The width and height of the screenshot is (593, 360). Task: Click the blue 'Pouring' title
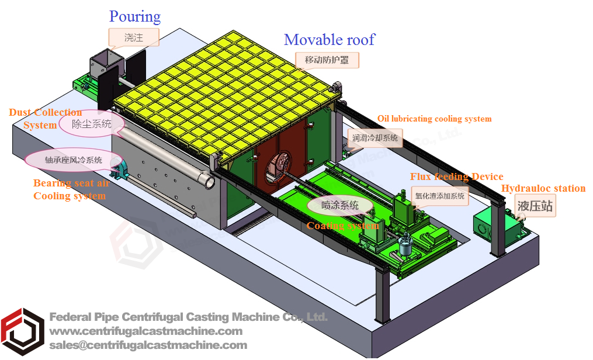tap(134, 16)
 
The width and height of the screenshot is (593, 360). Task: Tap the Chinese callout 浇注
tap(134, 38)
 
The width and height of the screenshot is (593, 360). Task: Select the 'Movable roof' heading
tap(329, 40)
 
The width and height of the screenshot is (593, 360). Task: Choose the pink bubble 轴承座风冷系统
tap(74, 160)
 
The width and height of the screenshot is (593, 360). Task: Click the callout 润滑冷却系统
tap(375, 139)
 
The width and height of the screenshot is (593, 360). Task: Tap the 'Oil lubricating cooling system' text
tap(434, 119)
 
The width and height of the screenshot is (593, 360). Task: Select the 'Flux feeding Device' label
tap(456, 176)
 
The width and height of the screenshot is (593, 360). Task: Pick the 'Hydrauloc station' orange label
tap(543, 188)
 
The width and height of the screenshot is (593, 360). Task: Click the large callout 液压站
tap(535, 205)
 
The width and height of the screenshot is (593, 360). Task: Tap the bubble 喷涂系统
tap(340, 205)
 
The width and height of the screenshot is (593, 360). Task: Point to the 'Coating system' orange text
tap(342, 226)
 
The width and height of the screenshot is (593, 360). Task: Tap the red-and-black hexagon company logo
tap(22, 331)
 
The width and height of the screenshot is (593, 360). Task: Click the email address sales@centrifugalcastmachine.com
tap(148, 345)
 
